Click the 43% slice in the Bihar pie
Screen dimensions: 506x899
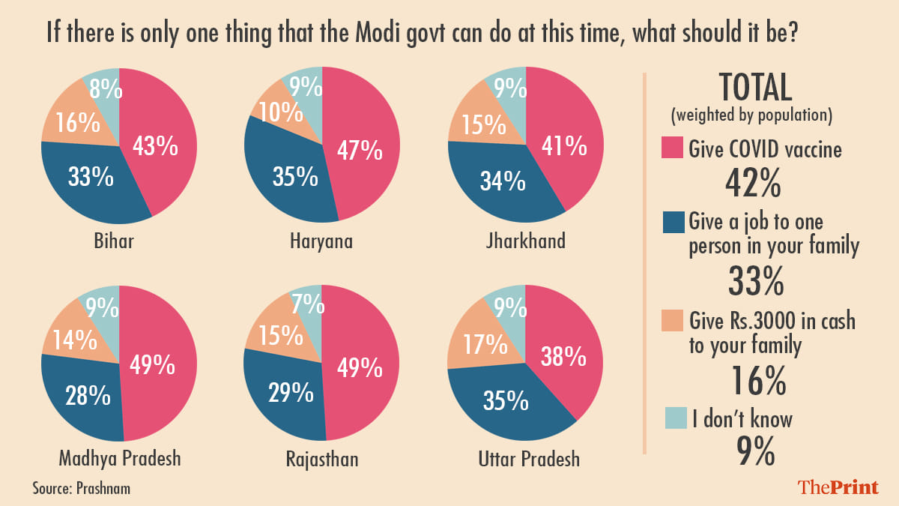[155, 146]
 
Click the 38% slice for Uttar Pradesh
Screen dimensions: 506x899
[564, 358]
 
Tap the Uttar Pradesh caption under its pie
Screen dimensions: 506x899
[529, 458]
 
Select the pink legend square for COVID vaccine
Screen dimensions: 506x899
[672, 148]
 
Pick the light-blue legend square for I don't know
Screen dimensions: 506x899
[672, 418]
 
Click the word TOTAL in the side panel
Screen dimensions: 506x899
[755, 88]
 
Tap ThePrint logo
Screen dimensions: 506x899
[838, 487]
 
